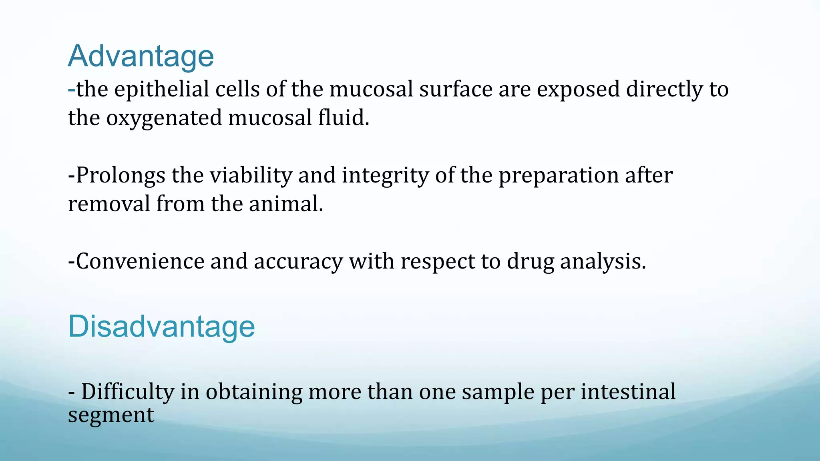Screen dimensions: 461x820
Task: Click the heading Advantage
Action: point(141,56)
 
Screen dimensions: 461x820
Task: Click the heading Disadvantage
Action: point(161,327)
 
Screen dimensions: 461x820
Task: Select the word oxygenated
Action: point(164,118)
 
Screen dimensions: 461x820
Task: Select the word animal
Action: point(285,204)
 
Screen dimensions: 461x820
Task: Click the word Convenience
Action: point(140,261)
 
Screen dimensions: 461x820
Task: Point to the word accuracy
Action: point(298,261)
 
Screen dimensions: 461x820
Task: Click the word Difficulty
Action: point(128,392)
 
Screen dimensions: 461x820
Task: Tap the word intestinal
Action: point(628,392)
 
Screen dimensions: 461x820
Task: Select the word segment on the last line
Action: point(111,415)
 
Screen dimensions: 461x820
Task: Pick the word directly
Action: point(664,89)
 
